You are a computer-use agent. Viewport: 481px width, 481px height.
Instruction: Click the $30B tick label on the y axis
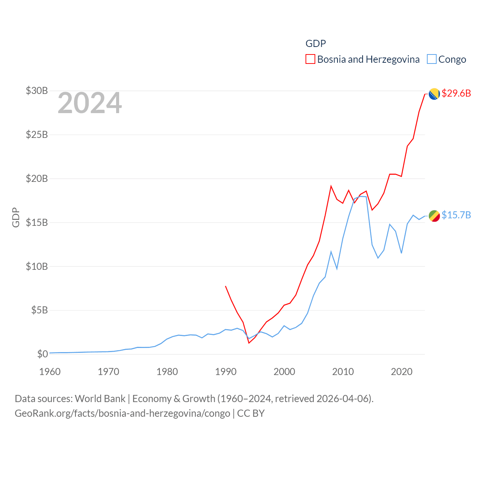[37, 91]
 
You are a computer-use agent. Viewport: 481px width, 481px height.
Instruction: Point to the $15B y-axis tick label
[37, 222]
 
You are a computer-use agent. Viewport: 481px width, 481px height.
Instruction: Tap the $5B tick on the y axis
[39, 310]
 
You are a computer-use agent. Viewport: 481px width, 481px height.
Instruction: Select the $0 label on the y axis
[42, 354]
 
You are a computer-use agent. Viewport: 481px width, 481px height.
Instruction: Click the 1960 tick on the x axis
[50, 372]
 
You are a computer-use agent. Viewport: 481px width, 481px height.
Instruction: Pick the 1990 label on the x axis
[225, 372]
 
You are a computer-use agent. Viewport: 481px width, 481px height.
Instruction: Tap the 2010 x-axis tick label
[343, 372]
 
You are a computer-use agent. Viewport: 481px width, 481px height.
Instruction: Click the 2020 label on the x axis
[401, 372]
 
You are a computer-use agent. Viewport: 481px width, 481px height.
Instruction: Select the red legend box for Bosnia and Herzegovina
[310, 59]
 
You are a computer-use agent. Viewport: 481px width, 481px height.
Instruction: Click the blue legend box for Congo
[432, 59]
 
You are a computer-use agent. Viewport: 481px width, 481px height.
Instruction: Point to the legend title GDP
[316, 44]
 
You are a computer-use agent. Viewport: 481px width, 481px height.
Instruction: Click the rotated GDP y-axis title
[16, 217]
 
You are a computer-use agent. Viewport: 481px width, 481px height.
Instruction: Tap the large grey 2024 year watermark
[90, 103]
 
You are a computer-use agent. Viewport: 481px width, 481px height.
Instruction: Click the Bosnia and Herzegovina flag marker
[434, 94]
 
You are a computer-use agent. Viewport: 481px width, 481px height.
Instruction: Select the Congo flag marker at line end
[434, 216]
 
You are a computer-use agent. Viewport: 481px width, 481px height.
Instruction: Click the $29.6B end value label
[456, 93]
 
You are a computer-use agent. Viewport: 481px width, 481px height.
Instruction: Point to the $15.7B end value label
[456, 215]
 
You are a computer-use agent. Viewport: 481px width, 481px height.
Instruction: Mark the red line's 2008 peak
[331, 186]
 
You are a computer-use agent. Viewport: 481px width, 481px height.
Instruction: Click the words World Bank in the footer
[100, 399]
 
